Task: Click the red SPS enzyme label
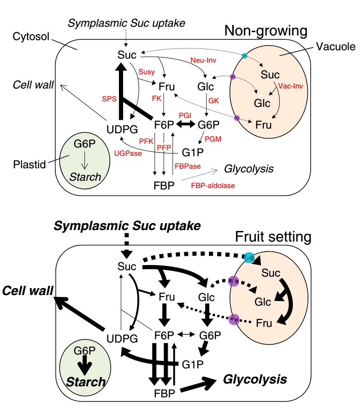(109, 99)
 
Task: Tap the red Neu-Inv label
(203, 60)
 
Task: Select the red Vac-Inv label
(290, 86)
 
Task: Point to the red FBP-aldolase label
(213, 186)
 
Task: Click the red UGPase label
(128, 154)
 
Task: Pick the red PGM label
(213, 139)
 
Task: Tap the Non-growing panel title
(266, 31)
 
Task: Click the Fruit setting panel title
(273, 237)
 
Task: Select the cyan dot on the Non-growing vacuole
(244, 56)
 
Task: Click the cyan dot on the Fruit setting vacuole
(249, 258)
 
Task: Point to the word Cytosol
(31, 37)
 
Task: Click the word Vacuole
(336, 47)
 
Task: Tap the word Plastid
(30, 165)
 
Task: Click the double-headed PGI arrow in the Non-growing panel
(186, 124)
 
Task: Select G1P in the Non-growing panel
(193, 153)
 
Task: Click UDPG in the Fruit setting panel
(122, 339)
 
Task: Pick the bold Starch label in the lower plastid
(86, 382)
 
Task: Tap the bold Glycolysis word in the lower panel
(255, 379)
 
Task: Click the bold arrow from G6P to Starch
(84, 365)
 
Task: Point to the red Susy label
(147, 72)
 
